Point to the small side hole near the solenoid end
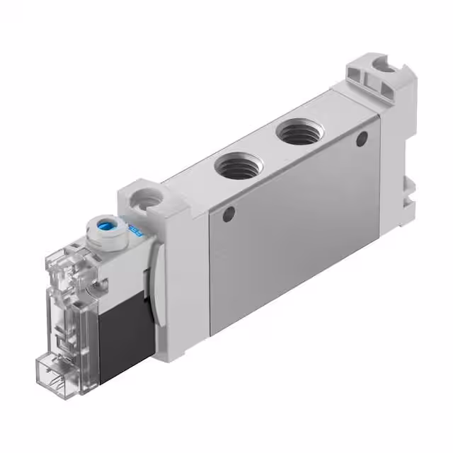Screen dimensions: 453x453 pos(228,211)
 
